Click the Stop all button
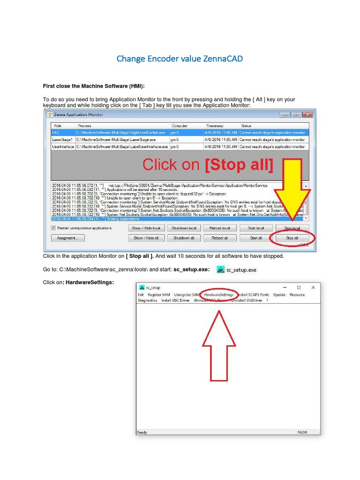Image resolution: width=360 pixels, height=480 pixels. point(292,238)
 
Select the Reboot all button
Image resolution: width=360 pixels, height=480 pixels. point(219,238)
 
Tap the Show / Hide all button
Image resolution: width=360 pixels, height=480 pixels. point(146,238)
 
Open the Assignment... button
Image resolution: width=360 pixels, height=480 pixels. point(68,238)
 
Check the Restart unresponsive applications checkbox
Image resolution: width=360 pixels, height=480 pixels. point(53,228)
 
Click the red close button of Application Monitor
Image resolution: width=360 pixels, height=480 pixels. point(307,114)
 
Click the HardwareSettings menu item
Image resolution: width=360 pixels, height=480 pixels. point(219,295)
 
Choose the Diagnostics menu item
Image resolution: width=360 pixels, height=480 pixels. point(148,300)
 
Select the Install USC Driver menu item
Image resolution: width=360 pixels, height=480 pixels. point(175,300)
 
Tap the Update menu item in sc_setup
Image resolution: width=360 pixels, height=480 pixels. point(279,295)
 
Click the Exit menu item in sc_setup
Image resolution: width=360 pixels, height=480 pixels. point(141,295)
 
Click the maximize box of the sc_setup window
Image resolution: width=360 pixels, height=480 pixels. point(299,287)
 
